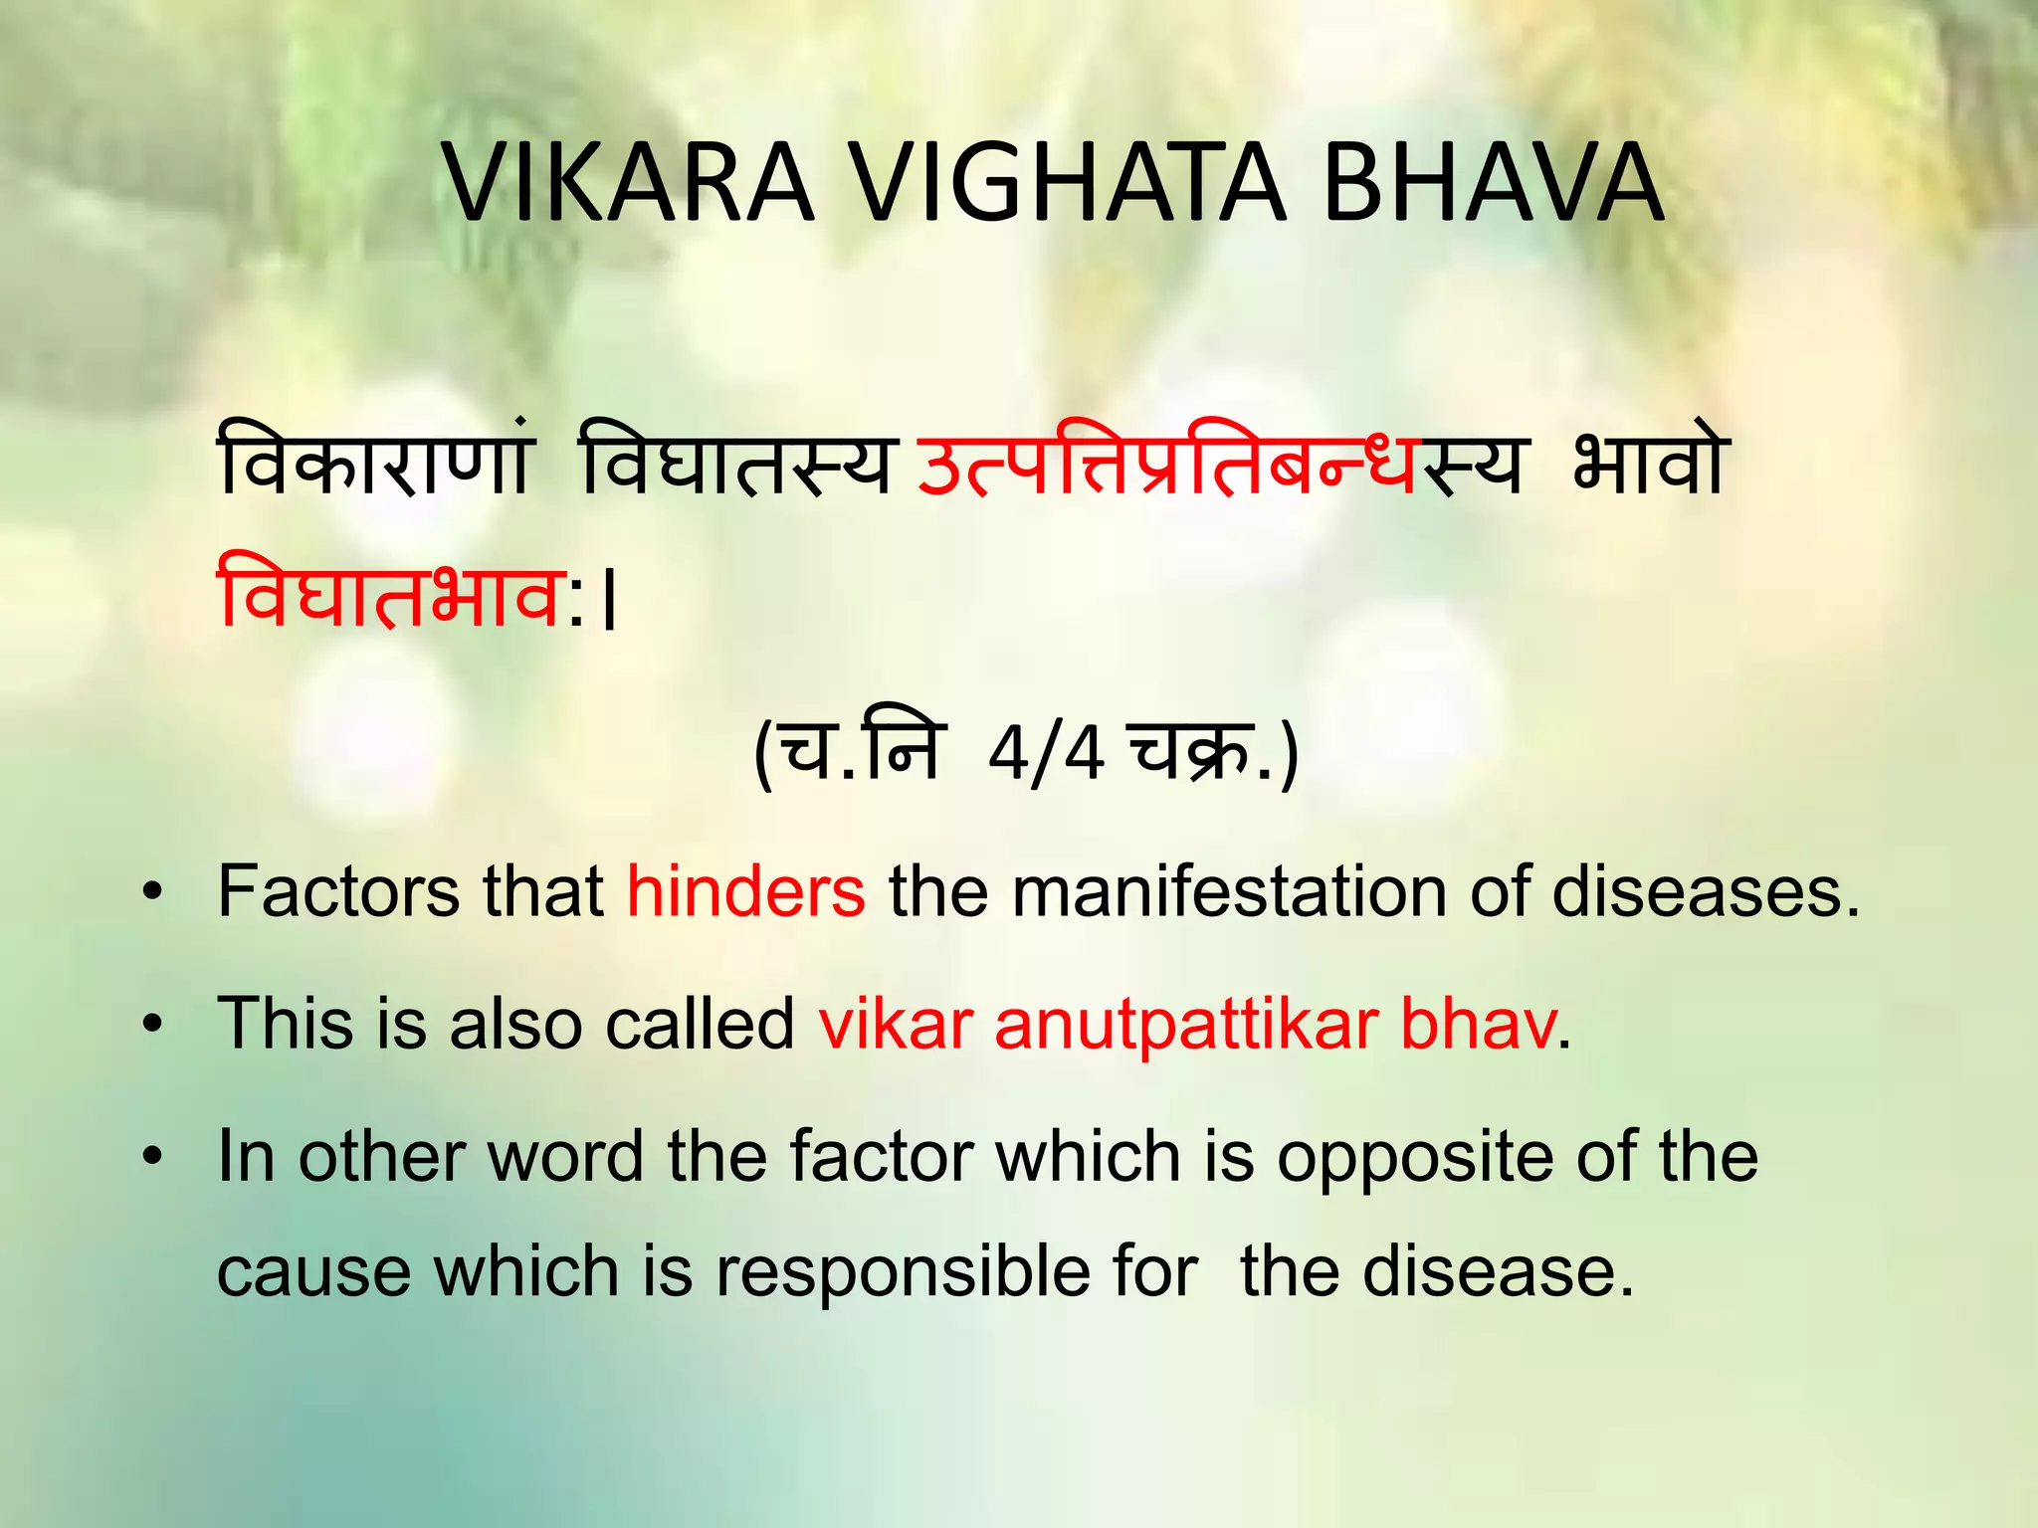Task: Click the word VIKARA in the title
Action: pos(628,185)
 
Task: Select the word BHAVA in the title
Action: pos(1492,185)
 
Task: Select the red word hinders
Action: pos(745,891)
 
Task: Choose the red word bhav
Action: pos(1477,1024)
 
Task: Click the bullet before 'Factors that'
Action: pos(151,892)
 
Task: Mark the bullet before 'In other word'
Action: pos(151,1158)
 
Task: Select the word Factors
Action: pos(339,891)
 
